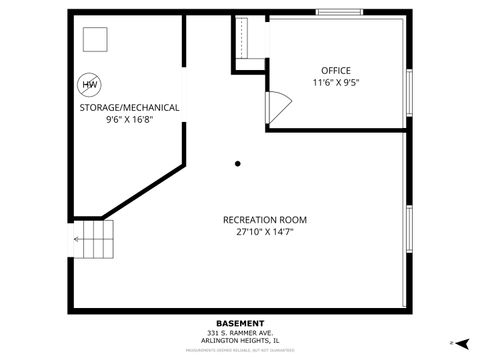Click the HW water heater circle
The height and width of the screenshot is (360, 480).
pos(90,86)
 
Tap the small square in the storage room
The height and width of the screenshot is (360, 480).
pos(95,39)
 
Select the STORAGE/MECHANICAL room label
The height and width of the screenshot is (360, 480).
pos(129,107)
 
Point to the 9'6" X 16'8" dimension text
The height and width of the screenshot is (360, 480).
pos(129,120)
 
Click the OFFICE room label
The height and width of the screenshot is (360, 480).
pos(336,70)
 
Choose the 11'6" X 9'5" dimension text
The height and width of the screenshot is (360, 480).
pos(336,83)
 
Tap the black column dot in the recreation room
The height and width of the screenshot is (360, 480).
pos(237,164)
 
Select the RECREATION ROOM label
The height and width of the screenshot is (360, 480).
pos(264,219)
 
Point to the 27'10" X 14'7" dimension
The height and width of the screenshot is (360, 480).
pos(264,232)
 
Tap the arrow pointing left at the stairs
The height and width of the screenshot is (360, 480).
pos(78,239)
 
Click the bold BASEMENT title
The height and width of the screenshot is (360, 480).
pos(240,323)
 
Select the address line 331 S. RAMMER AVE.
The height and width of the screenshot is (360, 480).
pos(240,333)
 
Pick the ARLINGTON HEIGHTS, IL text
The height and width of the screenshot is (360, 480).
pos(240,341)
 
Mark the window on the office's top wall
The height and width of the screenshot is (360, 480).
pos(340,12)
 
